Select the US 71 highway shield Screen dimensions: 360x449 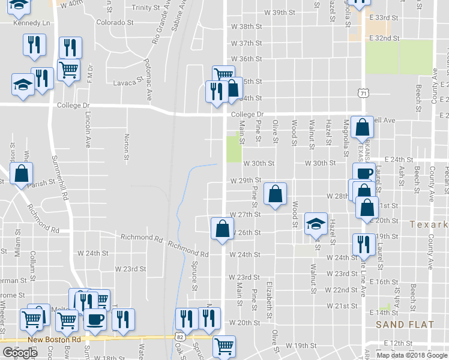click(x=363, y=93)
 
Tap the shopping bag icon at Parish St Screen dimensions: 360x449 click(x=21, y=173)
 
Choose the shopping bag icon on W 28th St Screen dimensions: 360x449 click(x=274, y=193)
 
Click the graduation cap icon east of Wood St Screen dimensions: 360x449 click(x=316, y=223)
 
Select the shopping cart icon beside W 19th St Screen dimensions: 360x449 click(x=224, y=346)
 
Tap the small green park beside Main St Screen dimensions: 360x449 click(x=232, y=149)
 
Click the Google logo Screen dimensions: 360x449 click(x=19, y=353)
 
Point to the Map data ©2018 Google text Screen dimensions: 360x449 click(x=411, y=355)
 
